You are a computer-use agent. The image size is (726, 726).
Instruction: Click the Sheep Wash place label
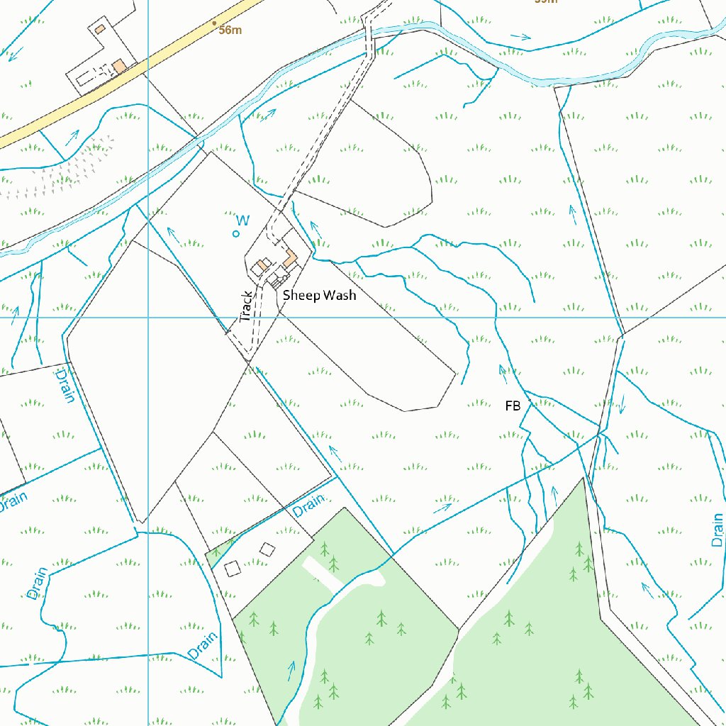coord(319,296)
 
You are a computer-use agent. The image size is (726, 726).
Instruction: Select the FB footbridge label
coord(513,406)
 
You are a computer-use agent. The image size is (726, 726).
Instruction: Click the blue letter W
coord(242,221)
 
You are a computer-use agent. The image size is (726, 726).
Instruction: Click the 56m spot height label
coord(230,30)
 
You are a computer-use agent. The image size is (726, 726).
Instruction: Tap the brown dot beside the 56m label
coord(215,23)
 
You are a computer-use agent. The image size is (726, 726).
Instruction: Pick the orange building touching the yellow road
coord(119,66)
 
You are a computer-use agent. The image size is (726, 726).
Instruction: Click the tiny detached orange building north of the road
coord(100,28)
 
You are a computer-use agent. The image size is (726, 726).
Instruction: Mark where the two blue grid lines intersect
coord(148,317)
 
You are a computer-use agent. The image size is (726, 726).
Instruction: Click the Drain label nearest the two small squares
coord(308,505)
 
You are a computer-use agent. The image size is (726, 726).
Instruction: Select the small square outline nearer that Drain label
coord(267,549)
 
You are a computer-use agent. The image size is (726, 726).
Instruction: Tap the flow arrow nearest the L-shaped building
coord(315,228)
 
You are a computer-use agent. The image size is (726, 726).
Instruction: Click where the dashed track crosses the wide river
coord(369,35)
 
